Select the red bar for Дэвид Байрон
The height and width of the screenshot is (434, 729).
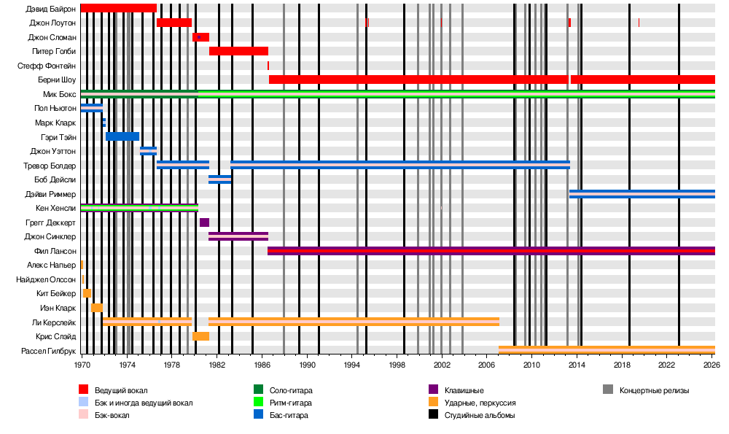coord(118,8)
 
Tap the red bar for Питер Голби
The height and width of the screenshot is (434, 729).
coord(238,51)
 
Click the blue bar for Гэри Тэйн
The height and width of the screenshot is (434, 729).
coord(122,136)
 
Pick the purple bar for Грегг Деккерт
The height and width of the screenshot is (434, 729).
coord(204,222)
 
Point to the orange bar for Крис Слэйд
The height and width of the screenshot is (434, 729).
coord(200,336)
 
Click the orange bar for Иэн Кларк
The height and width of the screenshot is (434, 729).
coord(97,308)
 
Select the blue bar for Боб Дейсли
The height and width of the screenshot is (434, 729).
coord(219,179)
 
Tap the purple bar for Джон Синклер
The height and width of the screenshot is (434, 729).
coord(238,236)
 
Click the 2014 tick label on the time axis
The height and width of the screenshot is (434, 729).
coord(577,364)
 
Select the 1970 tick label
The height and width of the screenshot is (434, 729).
coord(82,364)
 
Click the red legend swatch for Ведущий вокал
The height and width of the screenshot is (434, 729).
coord(84,390)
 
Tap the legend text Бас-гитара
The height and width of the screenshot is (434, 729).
coord(288,415)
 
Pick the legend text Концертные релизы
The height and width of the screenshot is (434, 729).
coord(654,390)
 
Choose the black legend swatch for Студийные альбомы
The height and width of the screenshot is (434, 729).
coord(434,415)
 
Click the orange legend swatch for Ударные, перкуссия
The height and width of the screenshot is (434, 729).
coord(434,403)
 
